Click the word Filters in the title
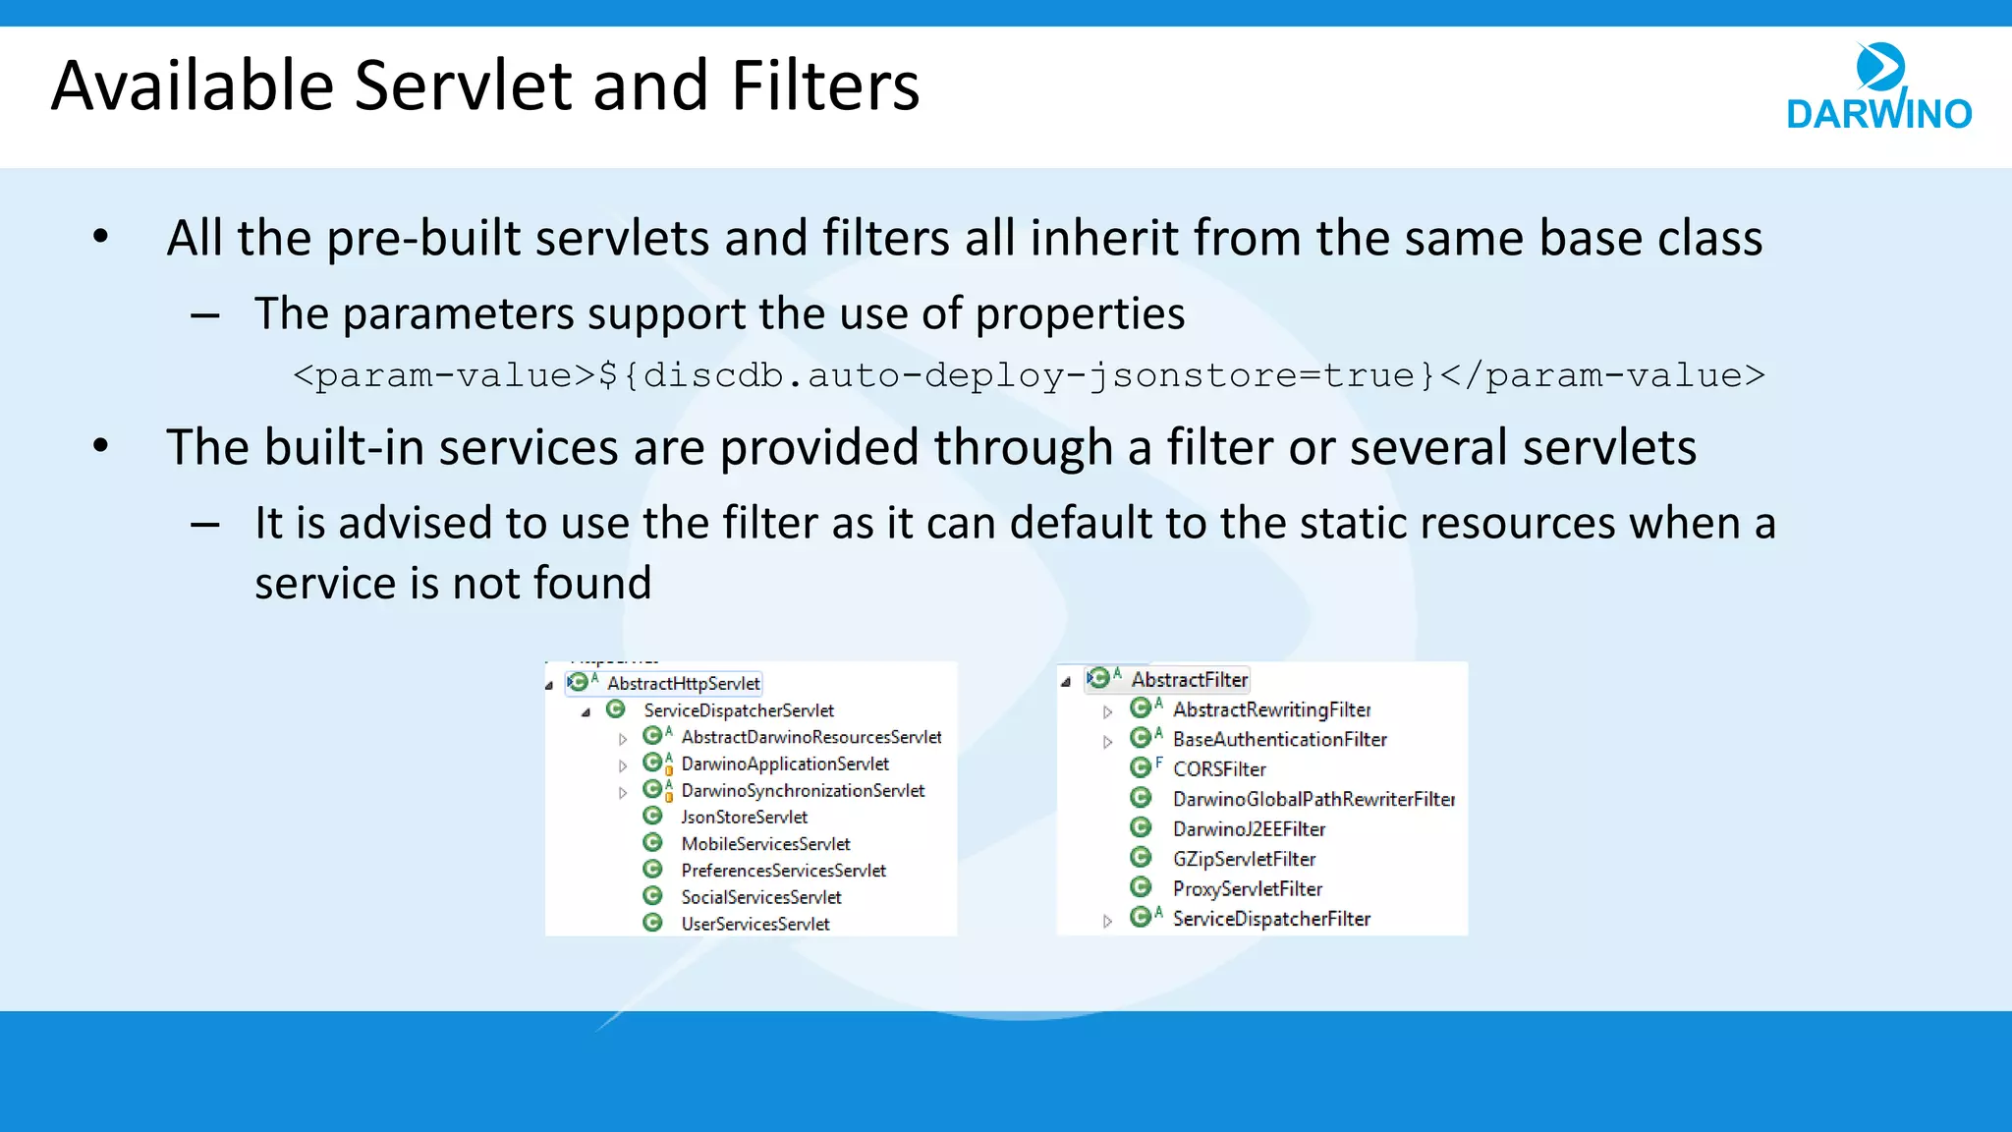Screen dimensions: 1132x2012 coord(824,86)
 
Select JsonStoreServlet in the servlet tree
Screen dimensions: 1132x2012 coord(744,817)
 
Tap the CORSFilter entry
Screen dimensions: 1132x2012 coord(1218,769)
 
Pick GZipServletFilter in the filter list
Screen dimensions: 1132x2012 coord(1244,859)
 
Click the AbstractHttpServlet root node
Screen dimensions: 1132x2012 coord(683,683)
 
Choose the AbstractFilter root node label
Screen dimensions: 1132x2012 coord(1189,680)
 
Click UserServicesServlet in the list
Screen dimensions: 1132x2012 coord(754,924)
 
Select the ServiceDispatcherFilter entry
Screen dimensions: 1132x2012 coord(1271,919)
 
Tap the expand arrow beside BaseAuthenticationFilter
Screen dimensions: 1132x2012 coord(1107,742)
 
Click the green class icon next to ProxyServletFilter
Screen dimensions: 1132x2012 coord(1141,887)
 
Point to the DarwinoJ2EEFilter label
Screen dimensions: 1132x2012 coord(1249,829)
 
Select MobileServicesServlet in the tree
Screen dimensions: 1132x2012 coord(765,844)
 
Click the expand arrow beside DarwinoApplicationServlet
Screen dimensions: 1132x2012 coord(623,765)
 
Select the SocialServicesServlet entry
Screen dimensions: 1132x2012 coord(760,897)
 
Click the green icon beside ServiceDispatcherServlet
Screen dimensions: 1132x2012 coord(616,709)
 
